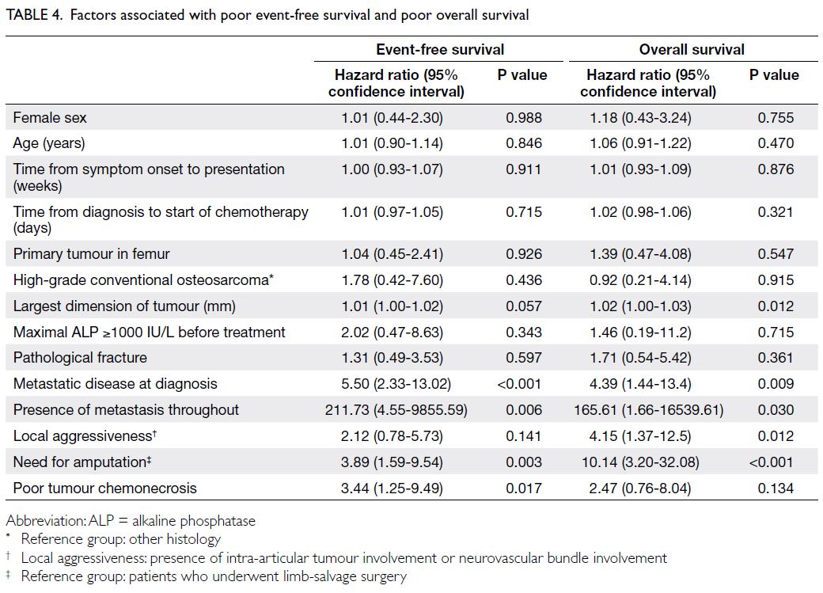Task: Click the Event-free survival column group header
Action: pos(440,49)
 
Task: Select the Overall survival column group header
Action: pos(692,49)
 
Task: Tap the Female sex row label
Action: pos(50,118)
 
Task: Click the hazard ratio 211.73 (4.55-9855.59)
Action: pos(396,409)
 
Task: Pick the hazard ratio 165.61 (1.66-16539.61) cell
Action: pos(649,409)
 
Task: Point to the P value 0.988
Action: pos(524,118)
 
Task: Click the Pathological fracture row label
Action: pos(80,358)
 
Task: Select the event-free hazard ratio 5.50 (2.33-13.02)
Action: pos(396,384)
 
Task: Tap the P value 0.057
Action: pos(524,306)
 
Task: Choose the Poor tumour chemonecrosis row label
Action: pos(105,488)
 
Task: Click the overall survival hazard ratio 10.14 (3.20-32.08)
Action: pos(640,462)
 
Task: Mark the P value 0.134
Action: pos(776,488)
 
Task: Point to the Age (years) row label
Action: pos(49,143)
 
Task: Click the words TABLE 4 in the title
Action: pos(34,15)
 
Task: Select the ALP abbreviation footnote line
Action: pos(131,521)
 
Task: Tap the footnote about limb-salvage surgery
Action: pos(207,576)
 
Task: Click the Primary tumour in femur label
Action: pos(91,254)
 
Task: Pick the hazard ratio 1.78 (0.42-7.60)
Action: pos(392,280)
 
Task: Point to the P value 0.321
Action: pos(776,212)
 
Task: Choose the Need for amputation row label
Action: pos(82,462)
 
